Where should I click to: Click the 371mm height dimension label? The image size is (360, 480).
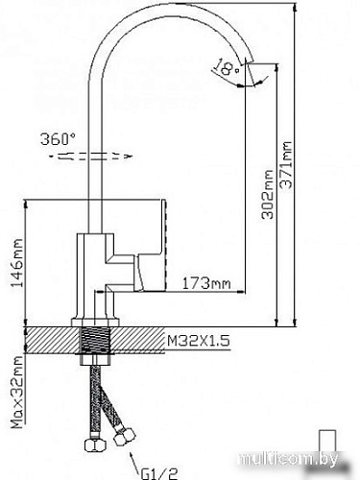click(x=286, y=165)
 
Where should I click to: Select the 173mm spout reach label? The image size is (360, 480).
click(x=206, y=283)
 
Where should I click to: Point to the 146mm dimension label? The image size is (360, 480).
click(x=17, y=263)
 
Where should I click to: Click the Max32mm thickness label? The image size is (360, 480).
click(x=17, y=392)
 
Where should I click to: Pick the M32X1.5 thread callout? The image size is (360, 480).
click(x=199, y=341)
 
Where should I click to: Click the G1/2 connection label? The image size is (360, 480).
click(x=159, y=473)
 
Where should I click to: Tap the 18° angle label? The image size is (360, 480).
click(x=226, y=67)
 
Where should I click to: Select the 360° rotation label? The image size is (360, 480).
click(x=59, y=139)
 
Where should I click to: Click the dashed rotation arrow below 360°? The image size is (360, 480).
click(x=91, y=156)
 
